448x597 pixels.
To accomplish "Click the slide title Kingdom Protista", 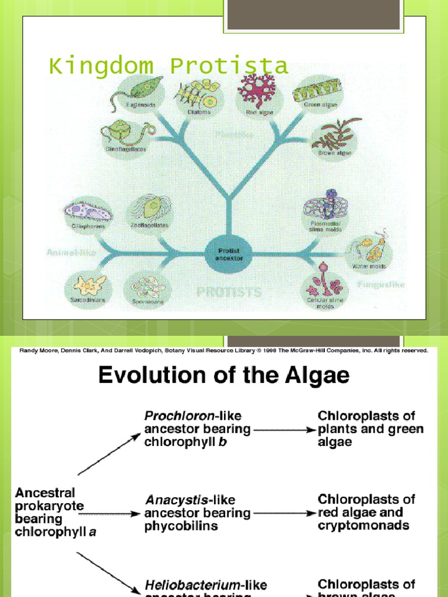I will pos(168,66).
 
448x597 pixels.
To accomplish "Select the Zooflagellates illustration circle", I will pos(148,213).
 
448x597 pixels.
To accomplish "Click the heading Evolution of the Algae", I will pos(224,375).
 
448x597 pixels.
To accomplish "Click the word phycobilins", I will pos(173,526).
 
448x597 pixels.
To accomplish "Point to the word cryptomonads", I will pos(363,526).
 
